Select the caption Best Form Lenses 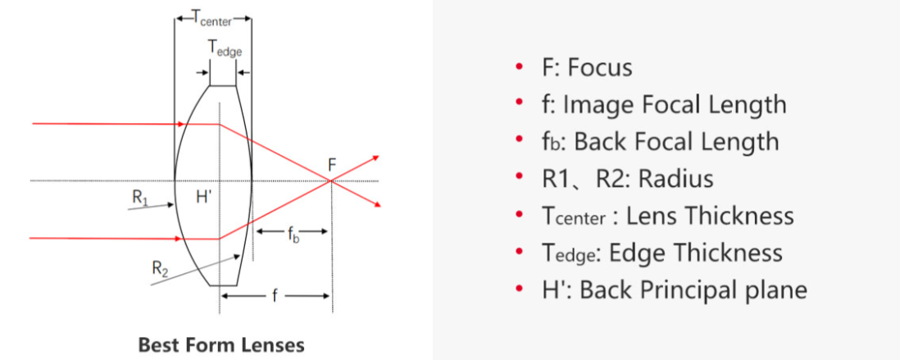pyautogui.click(x=221, y=344)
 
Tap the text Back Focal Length pyautogui.click(x=676, y=141)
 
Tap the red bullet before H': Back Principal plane pyautogui.click(x=519, y=289)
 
